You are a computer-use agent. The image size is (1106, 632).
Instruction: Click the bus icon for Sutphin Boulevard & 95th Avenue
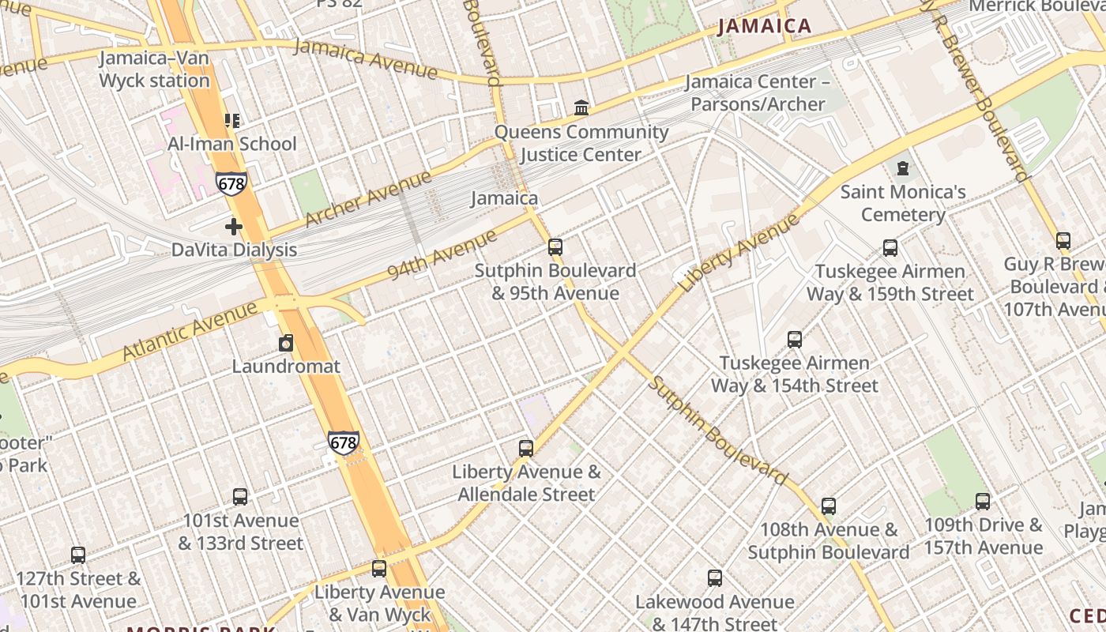coord(555,247)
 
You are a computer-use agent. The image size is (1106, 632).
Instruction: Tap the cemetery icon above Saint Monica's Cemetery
coord(903,168)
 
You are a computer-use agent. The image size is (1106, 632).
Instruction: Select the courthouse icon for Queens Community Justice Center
coord(581,107)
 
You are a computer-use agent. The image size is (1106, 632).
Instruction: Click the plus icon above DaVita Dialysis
coord(234,227)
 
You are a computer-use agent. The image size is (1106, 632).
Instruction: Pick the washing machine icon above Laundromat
coord(286,344)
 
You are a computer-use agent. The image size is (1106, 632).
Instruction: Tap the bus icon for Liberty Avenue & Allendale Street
coord(526,449)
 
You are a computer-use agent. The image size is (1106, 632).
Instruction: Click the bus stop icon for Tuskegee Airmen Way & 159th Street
coord(890,248)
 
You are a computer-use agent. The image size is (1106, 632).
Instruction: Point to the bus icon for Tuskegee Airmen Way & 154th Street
coord(795,340)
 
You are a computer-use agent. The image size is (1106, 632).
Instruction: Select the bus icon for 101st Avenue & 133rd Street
coord(240,497)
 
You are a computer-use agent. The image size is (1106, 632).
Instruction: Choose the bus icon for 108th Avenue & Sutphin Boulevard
coord(829,506)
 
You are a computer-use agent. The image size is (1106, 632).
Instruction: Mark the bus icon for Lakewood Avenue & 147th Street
coord(715,578)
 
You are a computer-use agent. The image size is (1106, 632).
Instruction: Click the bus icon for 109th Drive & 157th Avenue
coord(983,502)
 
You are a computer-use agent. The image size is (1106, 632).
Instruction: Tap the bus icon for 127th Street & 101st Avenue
coord(78,555)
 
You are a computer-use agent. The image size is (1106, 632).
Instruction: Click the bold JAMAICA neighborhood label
coord(765,26)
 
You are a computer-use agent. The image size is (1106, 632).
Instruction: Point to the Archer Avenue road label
coord(368,197)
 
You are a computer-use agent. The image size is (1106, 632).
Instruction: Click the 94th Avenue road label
coord(442,254)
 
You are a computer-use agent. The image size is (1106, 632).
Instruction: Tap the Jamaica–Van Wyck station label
coord(154,70)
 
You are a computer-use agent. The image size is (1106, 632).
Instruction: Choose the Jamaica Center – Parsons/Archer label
coord(758,92)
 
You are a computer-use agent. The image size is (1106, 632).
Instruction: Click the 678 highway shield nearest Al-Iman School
coord(231,184)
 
